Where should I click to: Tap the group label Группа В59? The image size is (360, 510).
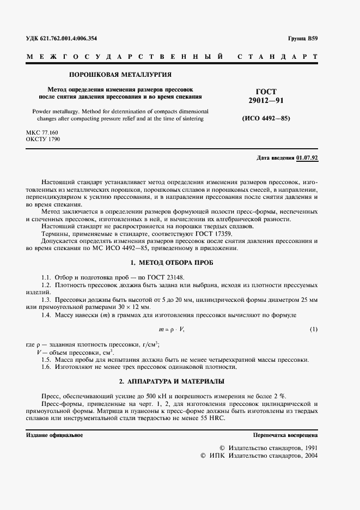[303, 39]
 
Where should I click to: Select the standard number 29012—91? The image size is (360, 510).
[266, 101]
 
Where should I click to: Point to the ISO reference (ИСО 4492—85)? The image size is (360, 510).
[266, 118]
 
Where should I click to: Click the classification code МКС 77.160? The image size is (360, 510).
[42, 132]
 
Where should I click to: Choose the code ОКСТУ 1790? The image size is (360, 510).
[43, 139]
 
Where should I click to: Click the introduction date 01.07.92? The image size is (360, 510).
[308, 157]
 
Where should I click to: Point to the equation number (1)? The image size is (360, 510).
[314, 330]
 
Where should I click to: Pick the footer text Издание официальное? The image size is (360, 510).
[54, 435]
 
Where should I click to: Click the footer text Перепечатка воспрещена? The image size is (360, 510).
[285, 435]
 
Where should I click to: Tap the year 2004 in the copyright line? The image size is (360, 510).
[310, 455]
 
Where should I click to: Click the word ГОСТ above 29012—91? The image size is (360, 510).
[266, 92]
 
